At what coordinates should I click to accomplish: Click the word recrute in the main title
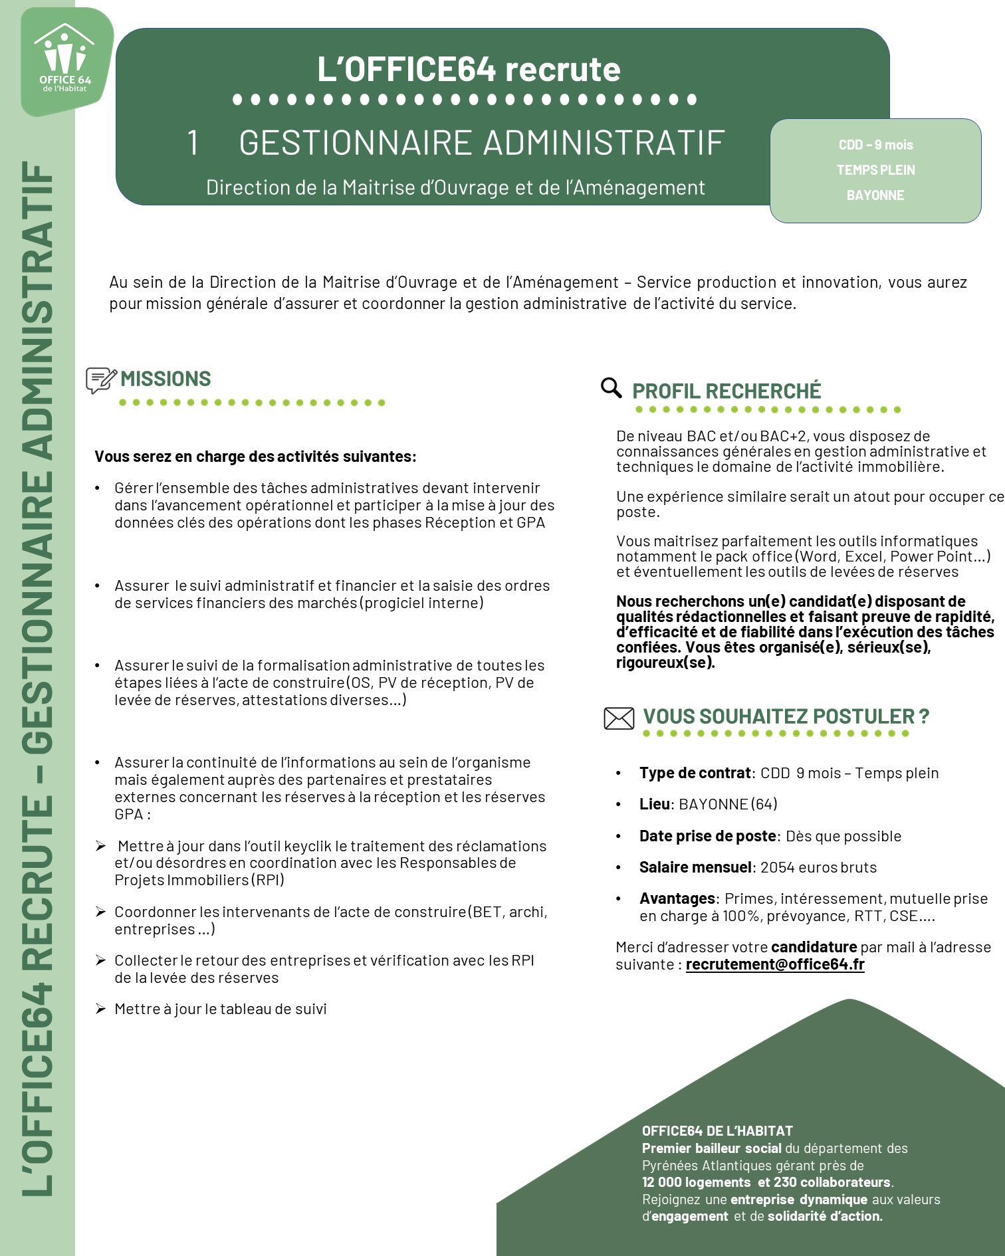[562, 69]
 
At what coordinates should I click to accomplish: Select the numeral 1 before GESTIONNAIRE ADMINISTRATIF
[193, 143]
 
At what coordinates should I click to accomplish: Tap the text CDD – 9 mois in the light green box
[875, 145]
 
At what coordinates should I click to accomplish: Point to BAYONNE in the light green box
[875, 195]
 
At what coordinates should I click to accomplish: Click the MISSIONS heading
[166, 379]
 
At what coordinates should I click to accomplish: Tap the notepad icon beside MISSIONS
[100, 380]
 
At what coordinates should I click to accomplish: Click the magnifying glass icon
[610, 387]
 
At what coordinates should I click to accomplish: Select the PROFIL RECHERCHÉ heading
[726, 391]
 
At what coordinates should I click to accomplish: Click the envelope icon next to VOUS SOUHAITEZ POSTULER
[618, 718]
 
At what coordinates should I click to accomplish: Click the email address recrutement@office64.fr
[775, 964]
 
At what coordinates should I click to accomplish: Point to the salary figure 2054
[776, 867]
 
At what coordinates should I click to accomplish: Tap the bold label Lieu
[655, 804]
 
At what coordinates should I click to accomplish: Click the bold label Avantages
[677, 898]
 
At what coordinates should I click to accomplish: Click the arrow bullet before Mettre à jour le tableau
[100, 1009]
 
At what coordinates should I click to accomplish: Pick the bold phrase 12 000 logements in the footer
[696, 1182]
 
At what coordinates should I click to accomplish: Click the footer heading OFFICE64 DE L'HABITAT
[717, 1131]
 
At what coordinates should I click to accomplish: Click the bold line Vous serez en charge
[255, 457]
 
